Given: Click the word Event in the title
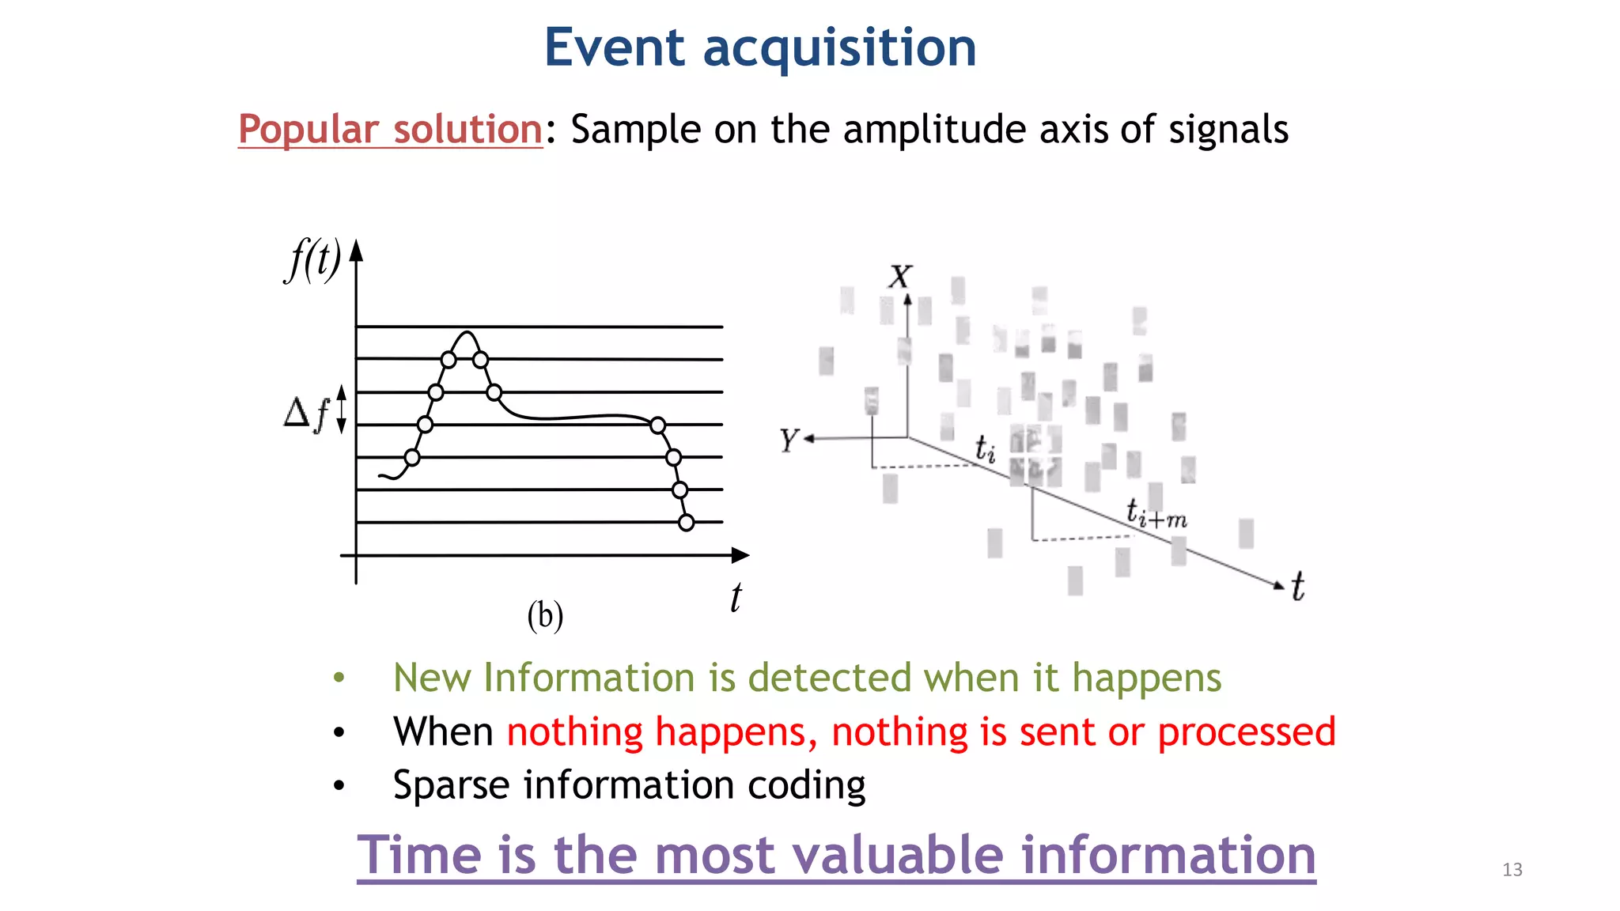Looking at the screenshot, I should point(614,47).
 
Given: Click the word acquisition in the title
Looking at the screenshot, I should point(839,49).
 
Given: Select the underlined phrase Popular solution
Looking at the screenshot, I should point(390,129).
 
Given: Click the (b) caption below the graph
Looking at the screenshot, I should point(545,615).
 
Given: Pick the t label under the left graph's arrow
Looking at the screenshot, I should point(736,597).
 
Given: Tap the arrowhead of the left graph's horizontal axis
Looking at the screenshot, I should point(740,555).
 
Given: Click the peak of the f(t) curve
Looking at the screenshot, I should point(467,333).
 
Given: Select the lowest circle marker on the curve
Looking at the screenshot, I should point(687,522).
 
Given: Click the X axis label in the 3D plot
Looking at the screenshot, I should point(900,277).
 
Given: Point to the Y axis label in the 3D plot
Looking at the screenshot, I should point(788,440).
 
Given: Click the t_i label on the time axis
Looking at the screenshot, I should point(985,449).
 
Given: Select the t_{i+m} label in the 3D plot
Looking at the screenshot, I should point(1156,514).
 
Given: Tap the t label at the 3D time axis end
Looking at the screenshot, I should point(1297,587).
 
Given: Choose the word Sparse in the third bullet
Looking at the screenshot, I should point(450,785).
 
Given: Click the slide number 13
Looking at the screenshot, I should point(1512,870).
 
